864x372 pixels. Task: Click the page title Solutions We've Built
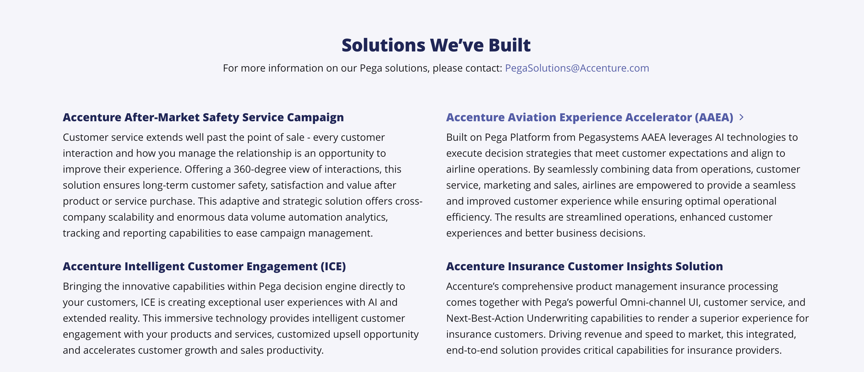(x=436, y=45)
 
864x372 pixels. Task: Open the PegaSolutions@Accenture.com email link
(x=577, y=68)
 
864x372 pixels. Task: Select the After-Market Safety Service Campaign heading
(x=203, y=117)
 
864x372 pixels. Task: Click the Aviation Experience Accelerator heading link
(x=590, y=117)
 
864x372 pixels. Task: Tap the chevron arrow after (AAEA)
(x=741, y=117)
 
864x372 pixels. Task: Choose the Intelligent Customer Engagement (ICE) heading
(x=204, y=266)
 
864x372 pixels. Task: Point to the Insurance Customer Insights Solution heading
(x=585, y=266)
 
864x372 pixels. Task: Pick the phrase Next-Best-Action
(x=485, y=318)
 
